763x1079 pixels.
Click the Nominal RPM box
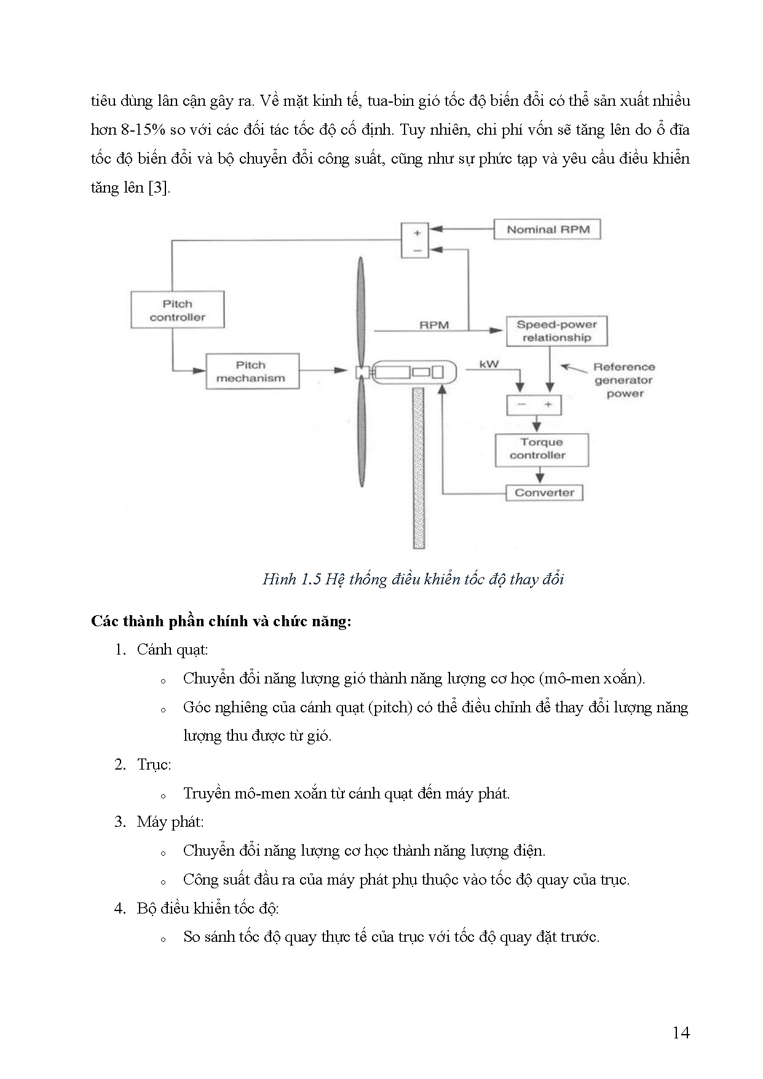[547, 230]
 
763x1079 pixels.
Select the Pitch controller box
[177, 310]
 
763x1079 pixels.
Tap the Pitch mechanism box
[252, 372]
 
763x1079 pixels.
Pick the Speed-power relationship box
[556, 331]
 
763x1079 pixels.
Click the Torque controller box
[542, 449]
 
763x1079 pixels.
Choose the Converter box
[544, 493]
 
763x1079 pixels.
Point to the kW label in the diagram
[489, 364]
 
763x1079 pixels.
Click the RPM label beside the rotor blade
[434, 325]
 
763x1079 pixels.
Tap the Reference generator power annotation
[624, 380]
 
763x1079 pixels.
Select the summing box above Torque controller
[534, 405]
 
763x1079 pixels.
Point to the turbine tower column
[419, 468]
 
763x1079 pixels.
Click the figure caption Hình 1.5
[413, 579]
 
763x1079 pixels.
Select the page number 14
[681, 1032]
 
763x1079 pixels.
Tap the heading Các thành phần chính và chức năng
[221, 621]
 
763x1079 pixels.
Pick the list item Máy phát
[170, 822]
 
